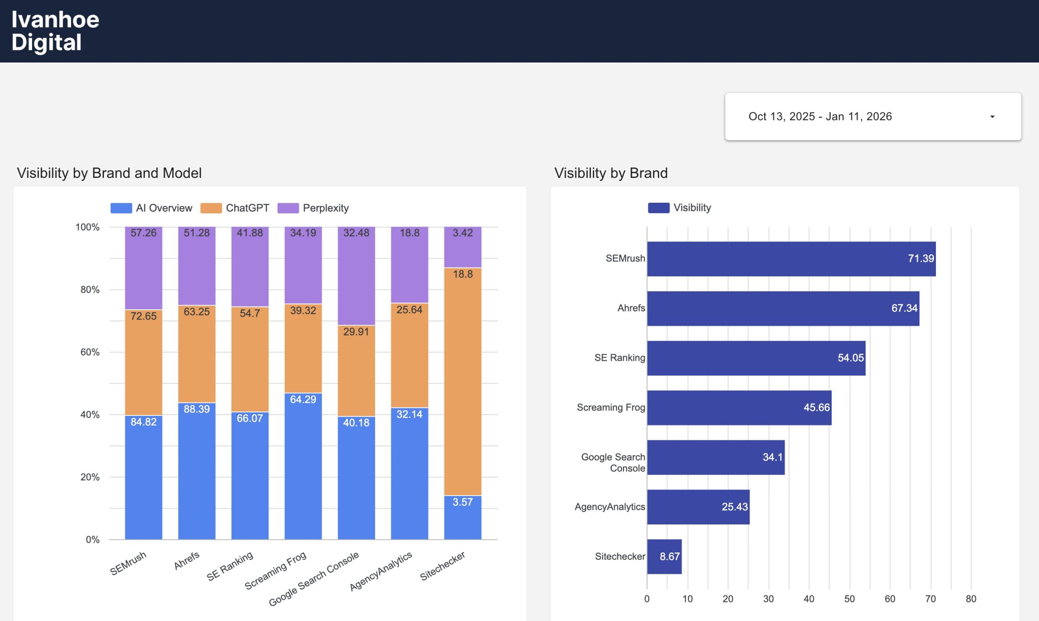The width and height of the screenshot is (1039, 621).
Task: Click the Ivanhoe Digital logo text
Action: [55, 31]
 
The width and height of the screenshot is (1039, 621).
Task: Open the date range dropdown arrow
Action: [992, 117]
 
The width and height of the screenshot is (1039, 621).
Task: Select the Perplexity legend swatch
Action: [288, 208]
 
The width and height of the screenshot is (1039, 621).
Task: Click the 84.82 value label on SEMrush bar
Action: [143, 422]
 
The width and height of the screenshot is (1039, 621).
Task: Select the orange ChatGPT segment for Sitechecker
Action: [463, 381]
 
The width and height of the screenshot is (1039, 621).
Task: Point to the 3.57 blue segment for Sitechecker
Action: [463, 517]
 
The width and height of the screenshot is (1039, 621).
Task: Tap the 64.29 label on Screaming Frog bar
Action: [303, 399]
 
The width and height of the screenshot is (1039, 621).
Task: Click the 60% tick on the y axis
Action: [90, 352]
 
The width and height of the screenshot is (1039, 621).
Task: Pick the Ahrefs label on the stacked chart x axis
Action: [187, 561]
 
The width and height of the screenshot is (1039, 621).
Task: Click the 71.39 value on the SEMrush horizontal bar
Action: [920, 259]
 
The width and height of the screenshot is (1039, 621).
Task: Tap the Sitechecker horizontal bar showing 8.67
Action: [664, 557]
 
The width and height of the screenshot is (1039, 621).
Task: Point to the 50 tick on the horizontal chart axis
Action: [849, 599]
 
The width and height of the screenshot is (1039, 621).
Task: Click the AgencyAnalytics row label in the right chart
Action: [610, 507]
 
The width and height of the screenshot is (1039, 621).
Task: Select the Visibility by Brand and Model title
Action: [109, 173]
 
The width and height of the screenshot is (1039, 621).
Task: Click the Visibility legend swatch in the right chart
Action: [658, 208]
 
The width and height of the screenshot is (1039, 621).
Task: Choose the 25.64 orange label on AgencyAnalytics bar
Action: [410, 310]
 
